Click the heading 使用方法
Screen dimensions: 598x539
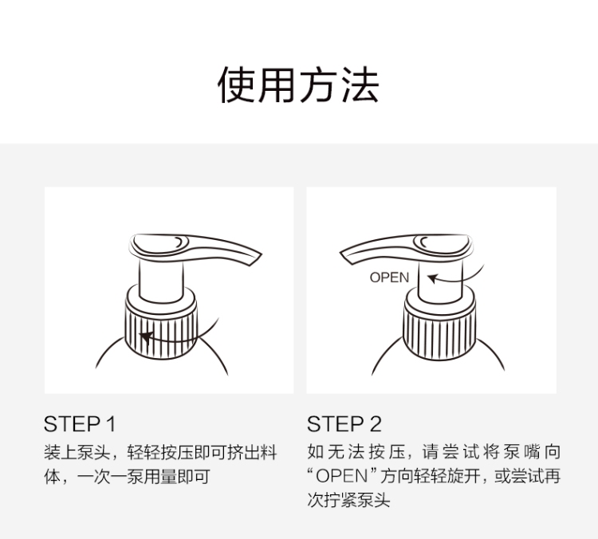click(x=298, y=85)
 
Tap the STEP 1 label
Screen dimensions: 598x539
click(x=80, y=424)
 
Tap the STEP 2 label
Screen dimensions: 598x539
click(x=344, y=424)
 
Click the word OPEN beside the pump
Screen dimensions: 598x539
click(x=389, y=277)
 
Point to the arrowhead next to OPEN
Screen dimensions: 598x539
click(x=432, y=278)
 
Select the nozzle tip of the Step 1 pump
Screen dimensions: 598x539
click(x=255, y=258)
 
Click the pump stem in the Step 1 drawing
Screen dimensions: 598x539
click(x=161, y=281)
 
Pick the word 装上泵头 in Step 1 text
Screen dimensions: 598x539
click(x=77, y=452)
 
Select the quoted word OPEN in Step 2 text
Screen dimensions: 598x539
click(x=342, y=476)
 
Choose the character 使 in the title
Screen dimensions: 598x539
click(x=237, y=85)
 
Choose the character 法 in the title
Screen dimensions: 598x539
click(x=360, y=85)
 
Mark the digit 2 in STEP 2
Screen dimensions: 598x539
click(x=376, y=424)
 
